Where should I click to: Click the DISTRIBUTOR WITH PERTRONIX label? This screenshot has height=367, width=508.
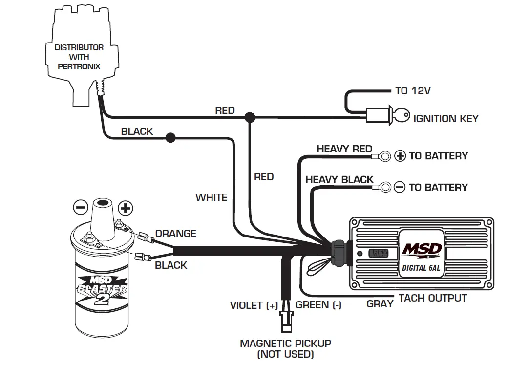click(x=79, y=57)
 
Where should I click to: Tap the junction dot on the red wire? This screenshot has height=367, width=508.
click(x=250, y=117)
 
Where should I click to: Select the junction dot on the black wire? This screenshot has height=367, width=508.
click(x=170, y=138)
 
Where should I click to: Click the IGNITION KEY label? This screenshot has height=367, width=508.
click(x=445, y=119)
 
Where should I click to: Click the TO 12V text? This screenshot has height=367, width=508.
click(x=413, y=91)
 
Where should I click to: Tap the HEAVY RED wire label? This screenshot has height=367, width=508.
click(x=344, y=149)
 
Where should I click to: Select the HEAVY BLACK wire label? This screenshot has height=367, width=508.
click(x=339, y=180)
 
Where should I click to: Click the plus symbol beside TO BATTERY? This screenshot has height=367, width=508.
click(x=400, y=156)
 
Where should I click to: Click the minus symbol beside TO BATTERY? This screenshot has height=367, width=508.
click(x=400, y=187)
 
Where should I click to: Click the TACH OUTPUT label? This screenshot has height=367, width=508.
click(x=432, y=298)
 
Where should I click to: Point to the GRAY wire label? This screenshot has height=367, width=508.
click(x=380, y=304)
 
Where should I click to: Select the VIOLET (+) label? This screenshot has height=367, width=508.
click(x=254, y=305)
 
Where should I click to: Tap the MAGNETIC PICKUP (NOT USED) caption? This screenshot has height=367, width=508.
click(x=285, y=348)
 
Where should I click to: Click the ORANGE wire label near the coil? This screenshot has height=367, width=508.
click(x=175, y=234)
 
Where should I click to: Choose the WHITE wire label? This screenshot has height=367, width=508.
click(x=212, y=197)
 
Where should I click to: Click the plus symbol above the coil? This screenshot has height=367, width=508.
click(x=126, y=208)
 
